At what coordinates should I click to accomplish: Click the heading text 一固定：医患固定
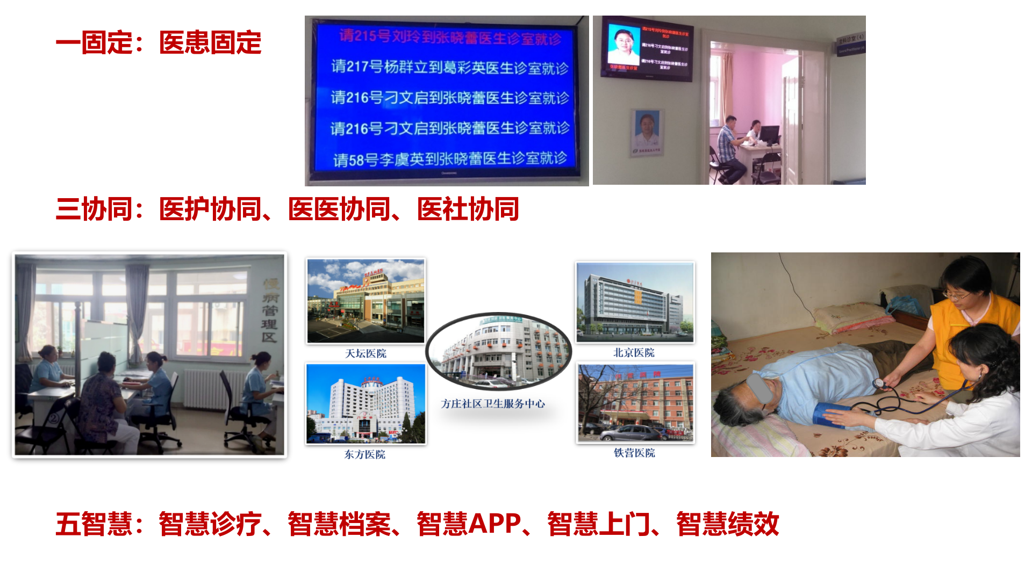(x=159, y=43)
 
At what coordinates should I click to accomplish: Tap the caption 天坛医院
(x=365, y=353)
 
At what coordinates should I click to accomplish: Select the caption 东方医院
(x=365, y=454)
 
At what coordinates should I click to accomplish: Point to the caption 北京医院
(x=634, y=353)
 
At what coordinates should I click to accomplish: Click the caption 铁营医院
(x=634, y=453)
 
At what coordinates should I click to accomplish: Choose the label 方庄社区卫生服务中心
(x=493, y=404)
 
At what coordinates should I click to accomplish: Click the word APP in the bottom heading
(x=494, y=524)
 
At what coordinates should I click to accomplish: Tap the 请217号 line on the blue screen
(x=449, y=68)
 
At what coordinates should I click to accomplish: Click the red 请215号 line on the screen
(x=449, y=37)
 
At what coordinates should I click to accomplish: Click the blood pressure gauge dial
(x=880, y=383)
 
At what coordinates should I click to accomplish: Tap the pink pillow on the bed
(x=849, y=317)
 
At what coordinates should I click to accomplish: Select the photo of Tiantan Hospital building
(x=365, y=301)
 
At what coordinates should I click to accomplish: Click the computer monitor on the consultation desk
(x=769, y=134)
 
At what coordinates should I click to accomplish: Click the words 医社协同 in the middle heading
(x=468, y=209)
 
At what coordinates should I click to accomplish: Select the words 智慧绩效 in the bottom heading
(x=727, y=524)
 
